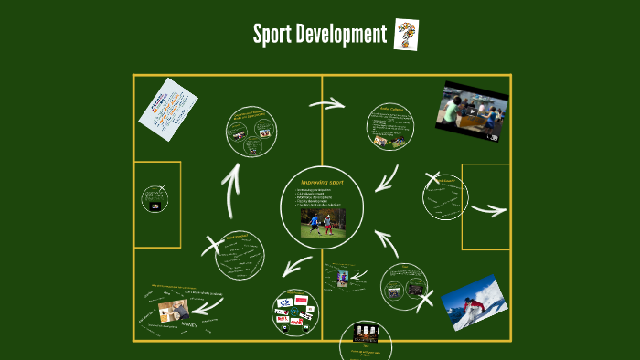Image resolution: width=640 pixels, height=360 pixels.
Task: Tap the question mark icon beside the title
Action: click(x=406, y=34)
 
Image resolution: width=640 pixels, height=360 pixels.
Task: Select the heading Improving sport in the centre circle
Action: click(x=321, y=182)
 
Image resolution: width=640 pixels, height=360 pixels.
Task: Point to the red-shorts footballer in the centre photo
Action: click(x=328, y=223)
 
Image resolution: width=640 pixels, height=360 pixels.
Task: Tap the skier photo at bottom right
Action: click(x=474, y=302)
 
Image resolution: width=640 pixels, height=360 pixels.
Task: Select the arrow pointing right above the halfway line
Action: click(x=326, y=103)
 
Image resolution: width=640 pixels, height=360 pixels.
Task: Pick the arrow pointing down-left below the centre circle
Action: click(x=295, y=267)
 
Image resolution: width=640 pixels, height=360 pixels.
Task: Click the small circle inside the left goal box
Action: click(x=155, y=199)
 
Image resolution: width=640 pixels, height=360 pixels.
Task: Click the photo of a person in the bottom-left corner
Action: click(x=174, y=310)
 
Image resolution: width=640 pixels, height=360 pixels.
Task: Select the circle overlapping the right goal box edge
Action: click(x=445, y=196)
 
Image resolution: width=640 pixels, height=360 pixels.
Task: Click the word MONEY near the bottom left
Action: click(x=189, y=324)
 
